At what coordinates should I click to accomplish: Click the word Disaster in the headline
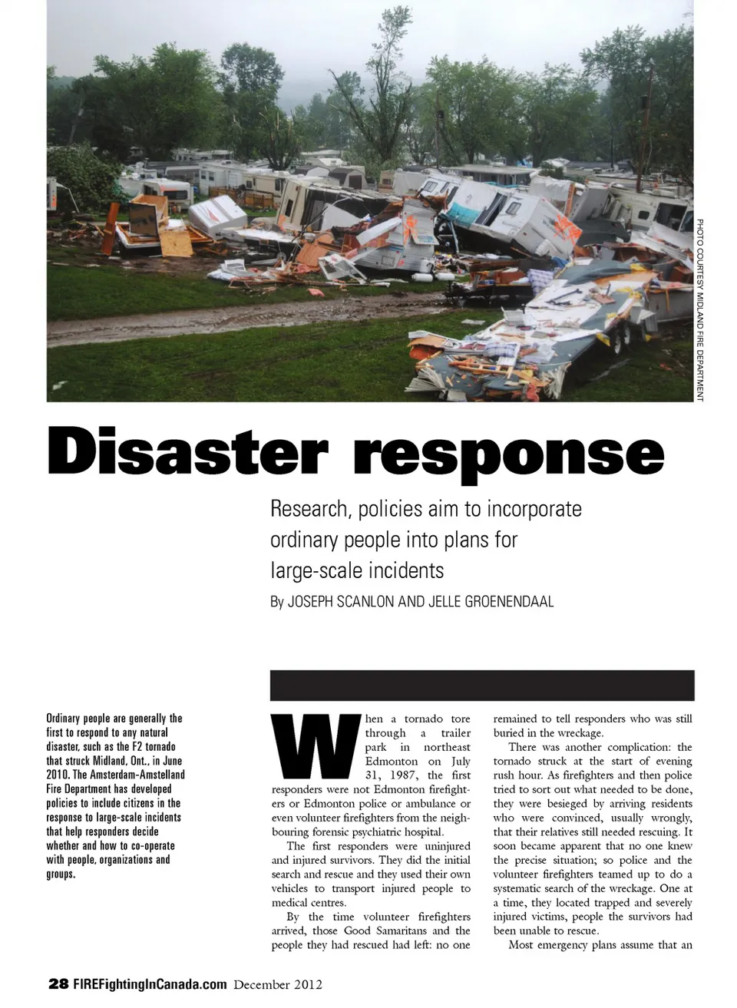[x=187, y=452]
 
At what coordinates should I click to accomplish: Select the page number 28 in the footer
[x=58, y=984]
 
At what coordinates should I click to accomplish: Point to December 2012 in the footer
[x=278, y=984]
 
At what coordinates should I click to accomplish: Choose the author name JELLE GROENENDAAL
[x=486, y=601]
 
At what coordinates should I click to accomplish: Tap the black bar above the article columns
[x=481, y=685]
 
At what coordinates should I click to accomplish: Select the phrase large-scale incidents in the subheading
[x=357, y=570]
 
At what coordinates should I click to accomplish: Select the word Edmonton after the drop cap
[x=392, y=761]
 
